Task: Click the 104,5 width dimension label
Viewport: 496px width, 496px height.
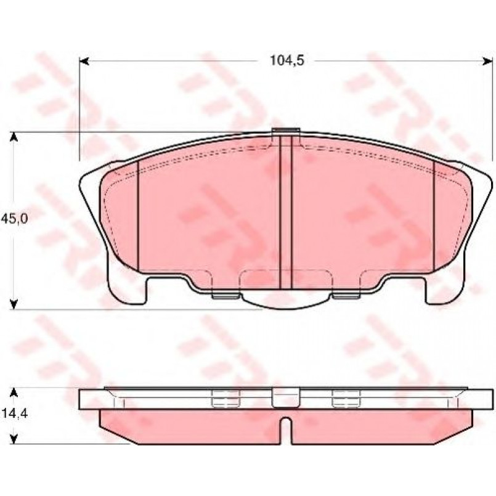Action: pyautogui.click(x=287, y=60)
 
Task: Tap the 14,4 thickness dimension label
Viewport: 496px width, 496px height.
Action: pyautogui.click(x=14, y=413)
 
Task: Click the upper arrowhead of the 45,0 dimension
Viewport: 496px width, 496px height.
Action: pyautogui.click(x=13, y=137)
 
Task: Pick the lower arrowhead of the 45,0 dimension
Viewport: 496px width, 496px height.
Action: pyautogui.click(x=13, y=304)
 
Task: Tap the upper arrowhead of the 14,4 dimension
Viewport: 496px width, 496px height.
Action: pyautogui.click(x=13, y=392)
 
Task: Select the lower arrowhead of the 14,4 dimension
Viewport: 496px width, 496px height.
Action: pyautogui.click(x=13, y=439)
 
